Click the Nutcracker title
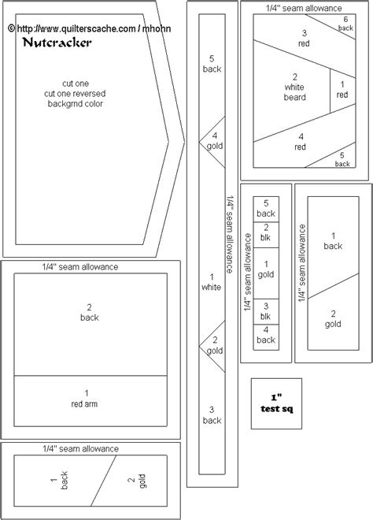point(57,43)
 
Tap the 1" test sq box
point(276,403)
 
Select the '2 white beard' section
point(291,91)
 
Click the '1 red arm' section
point(90,401)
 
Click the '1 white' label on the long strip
point(212,282)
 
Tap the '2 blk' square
point(266,235)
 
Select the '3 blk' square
point(266,311)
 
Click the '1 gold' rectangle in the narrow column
point(266,273)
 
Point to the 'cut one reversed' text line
point(75,94)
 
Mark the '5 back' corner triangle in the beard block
point(338,158)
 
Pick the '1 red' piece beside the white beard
point(342,90)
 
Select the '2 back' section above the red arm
point(90,325)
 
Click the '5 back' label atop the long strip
point(212,64)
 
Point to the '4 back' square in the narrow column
point(266,337)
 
